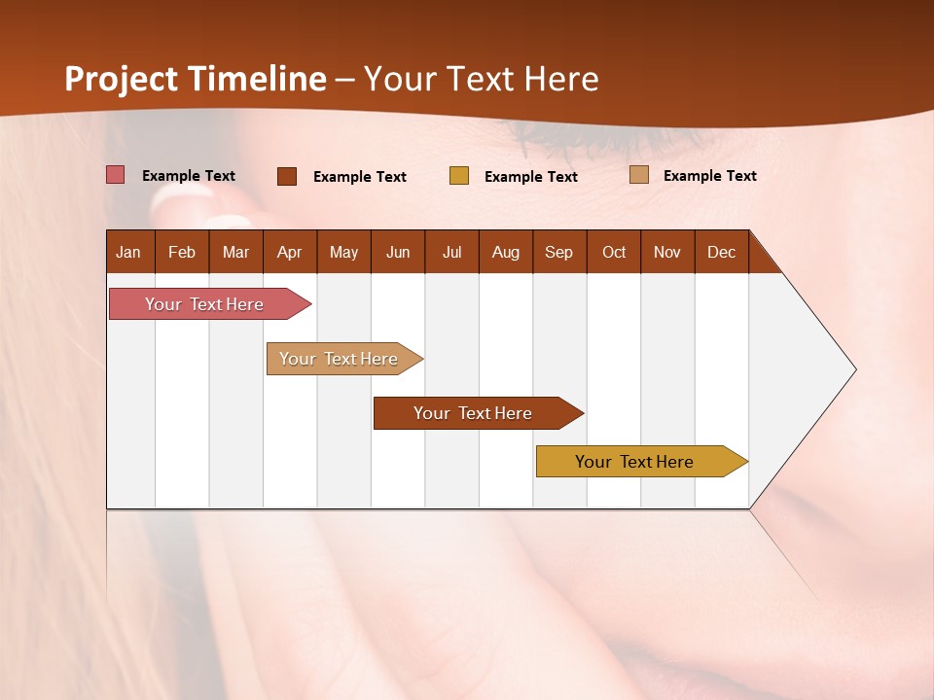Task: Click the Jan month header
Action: point(128,252)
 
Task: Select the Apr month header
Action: point(289,252)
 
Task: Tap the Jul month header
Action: point(451,252)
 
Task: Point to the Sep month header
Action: point(558,252)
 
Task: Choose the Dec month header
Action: point(721,252)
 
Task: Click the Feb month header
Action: point(182,252)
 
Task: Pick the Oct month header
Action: point(614,252)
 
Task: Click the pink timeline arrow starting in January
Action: point(204,304)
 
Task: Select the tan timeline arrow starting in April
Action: point(339,359)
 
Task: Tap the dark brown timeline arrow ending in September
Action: point(473,413)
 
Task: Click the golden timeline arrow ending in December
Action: point(634,462)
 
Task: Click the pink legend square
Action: point(115,175)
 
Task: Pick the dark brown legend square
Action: point(286,176)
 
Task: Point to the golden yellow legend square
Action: point(458,176)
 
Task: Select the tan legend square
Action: point(638,175)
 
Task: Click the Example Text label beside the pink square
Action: point(189,176)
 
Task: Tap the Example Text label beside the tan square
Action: point(710,176)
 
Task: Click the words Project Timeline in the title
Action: point(196,79)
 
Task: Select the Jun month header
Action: point(398,252)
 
